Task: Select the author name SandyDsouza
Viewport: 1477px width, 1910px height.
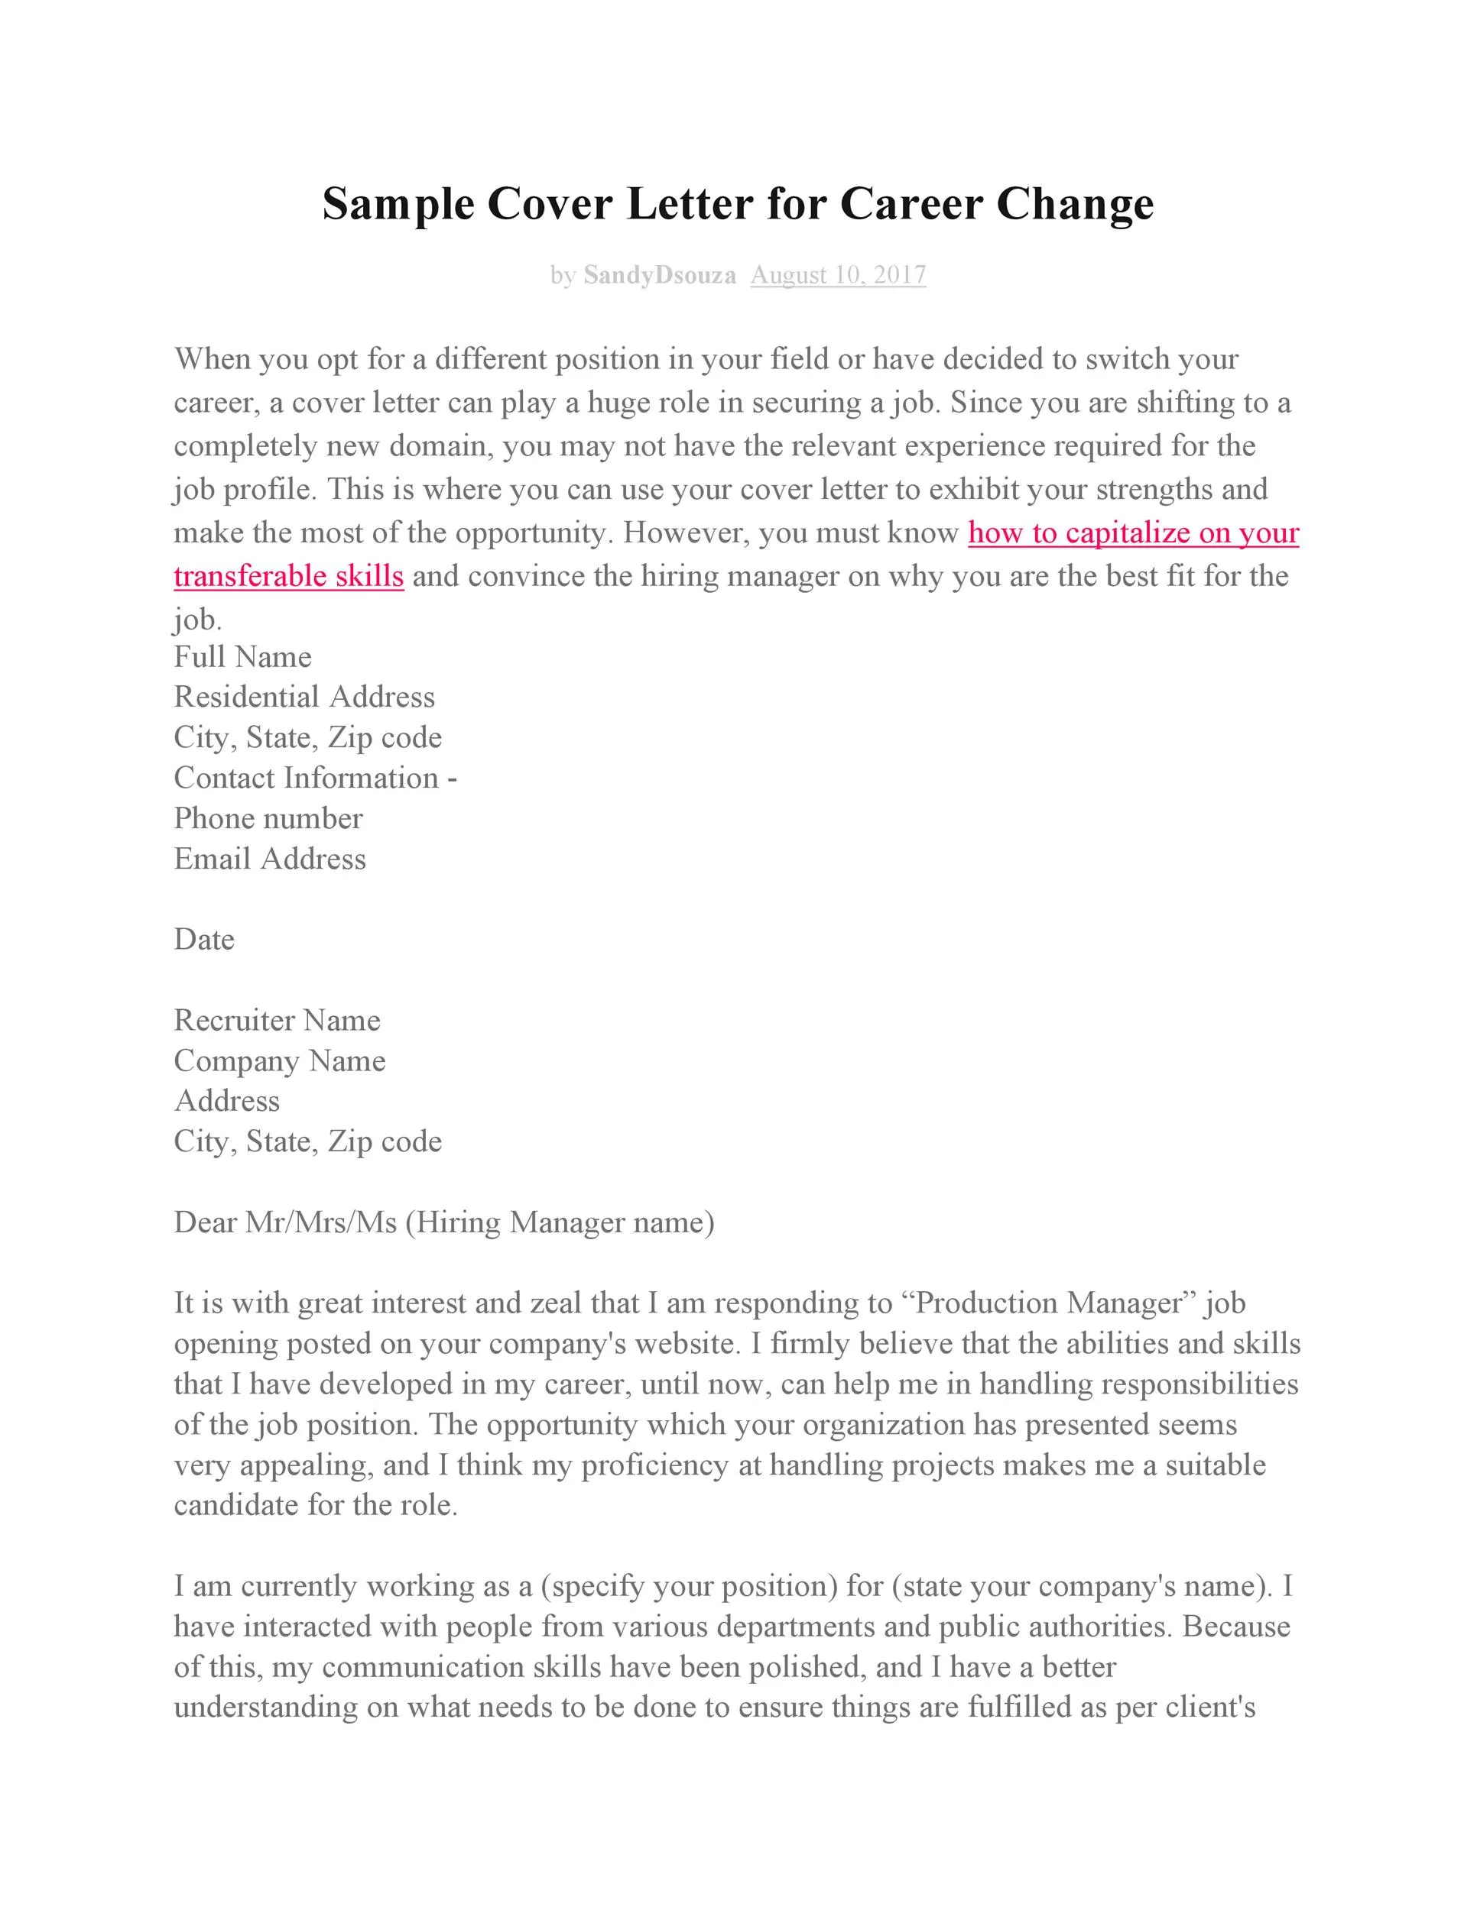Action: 659,276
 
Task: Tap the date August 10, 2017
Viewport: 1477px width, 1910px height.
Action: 837,276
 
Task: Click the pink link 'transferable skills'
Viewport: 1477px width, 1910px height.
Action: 289,576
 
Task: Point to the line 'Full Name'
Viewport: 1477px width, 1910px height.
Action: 242,657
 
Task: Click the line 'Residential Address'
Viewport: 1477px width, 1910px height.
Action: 304,697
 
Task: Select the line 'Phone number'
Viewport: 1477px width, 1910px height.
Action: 268,818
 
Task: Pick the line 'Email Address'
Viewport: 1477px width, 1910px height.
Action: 270,859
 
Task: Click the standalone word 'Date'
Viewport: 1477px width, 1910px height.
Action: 204,939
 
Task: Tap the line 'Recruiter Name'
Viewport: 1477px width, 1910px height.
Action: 277,1021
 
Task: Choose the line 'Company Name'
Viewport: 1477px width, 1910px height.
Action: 279,1061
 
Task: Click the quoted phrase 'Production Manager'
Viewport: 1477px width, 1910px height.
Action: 1050,1303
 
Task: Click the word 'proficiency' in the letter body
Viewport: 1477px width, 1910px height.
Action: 654,1465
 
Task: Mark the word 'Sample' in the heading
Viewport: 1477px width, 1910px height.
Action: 398,205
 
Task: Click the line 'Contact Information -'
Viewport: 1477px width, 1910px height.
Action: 315,779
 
